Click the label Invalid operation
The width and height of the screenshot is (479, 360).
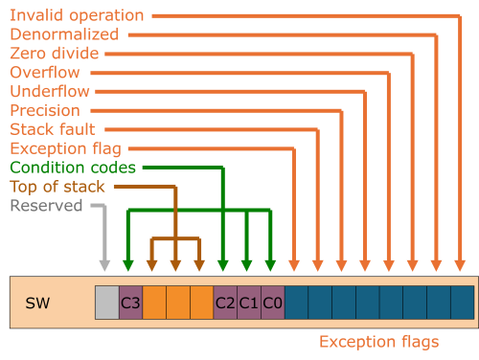[77, 15]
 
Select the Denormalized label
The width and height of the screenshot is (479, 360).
[64, 34]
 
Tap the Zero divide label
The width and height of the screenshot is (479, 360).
[57, 54]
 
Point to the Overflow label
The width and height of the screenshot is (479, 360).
[45, 73]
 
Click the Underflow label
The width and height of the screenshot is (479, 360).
[50, 92]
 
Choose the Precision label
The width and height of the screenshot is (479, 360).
[44, 110]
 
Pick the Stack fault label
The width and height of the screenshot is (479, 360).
[53, 129]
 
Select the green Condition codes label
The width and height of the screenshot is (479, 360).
[73, 168]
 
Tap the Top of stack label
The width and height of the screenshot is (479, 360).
[57, 186]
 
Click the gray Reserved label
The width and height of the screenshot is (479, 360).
[46, 205]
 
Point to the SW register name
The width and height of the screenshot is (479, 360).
[37, 303]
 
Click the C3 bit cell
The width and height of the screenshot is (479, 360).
[130, 303]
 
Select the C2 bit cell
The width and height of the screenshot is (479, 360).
[225, 303]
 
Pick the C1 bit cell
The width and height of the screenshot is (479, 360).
[248, 303]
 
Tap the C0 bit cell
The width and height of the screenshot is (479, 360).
[272, 303]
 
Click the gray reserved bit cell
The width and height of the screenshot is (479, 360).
[106, 303]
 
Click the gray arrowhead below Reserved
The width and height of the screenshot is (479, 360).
[105, 263]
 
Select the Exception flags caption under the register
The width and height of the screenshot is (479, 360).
[379, 342]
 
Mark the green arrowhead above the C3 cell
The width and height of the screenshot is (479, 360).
[129, 263]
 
